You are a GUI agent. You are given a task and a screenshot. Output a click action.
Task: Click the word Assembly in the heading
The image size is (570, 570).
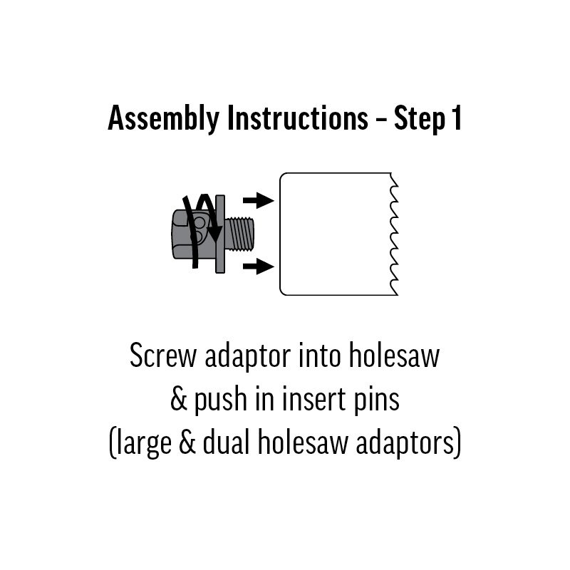164,119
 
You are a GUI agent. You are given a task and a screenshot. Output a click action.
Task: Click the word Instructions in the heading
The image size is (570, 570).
298,118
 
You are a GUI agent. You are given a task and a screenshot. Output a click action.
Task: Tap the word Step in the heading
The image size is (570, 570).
420,119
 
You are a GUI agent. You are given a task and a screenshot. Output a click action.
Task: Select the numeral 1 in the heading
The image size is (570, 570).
457,118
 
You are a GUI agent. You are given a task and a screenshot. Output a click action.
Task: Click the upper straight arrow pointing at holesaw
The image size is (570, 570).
259,200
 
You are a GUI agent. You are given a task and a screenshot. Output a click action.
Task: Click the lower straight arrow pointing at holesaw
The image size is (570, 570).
259,266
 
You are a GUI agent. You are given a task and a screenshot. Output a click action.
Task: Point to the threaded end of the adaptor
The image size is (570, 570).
239,234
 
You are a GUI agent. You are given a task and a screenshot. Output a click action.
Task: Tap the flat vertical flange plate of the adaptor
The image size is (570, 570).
220,234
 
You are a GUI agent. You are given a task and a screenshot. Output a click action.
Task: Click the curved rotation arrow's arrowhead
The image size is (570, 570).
215,234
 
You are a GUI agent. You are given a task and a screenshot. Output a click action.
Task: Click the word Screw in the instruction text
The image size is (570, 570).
163,356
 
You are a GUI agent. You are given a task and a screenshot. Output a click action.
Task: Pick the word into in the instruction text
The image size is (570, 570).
319,355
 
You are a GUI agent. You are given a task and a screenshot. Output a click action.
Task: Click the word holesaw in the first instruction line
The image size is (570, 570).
394,355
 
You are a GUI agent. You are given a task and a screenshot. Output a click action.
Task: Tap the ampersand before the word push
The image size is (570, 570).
179,399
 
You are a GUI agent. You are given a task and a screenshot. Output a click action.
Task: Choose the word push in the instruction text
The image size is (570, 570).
220,400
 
